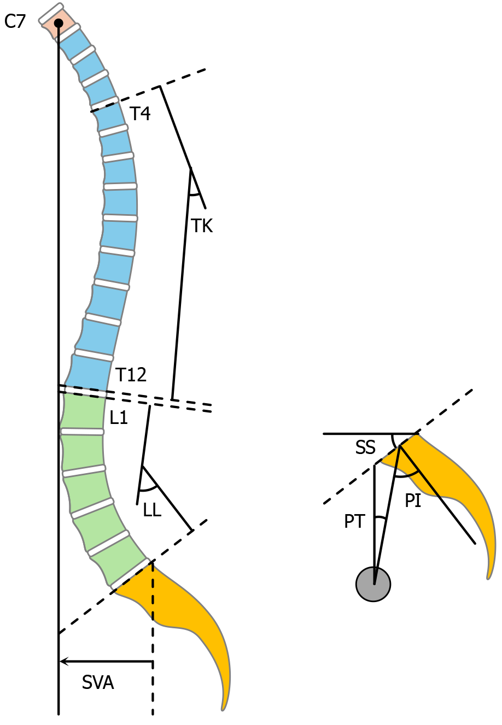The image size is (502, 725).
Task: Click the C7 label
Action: tap(15, 22)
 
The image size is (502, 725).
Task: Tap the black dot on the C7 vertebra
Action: tap(58, 23)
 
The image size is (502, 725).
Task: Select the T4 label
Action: tap(140, 114)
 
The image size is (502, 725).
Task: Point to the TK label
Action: tap(202, 226)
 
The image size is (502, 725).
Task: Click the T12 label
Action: tap(131, 375)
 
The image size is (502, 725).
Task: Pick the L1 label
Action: tap(119, 418)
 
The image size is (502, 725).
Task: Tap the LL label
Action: tap(152, 510)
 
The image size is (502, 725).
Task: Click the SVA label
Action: tap(98, 682)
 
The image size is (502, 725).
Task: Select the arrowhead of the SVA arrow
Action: tap(63, 662)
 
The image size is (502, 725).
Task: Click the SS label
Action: tap(365, 448)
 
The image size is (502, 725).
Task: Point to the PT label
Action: tap(354, 521)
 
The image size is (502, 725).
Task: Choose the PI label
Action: tap(413, 500)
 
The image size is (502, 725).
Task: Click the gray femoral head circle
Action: tap(373, 584)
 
